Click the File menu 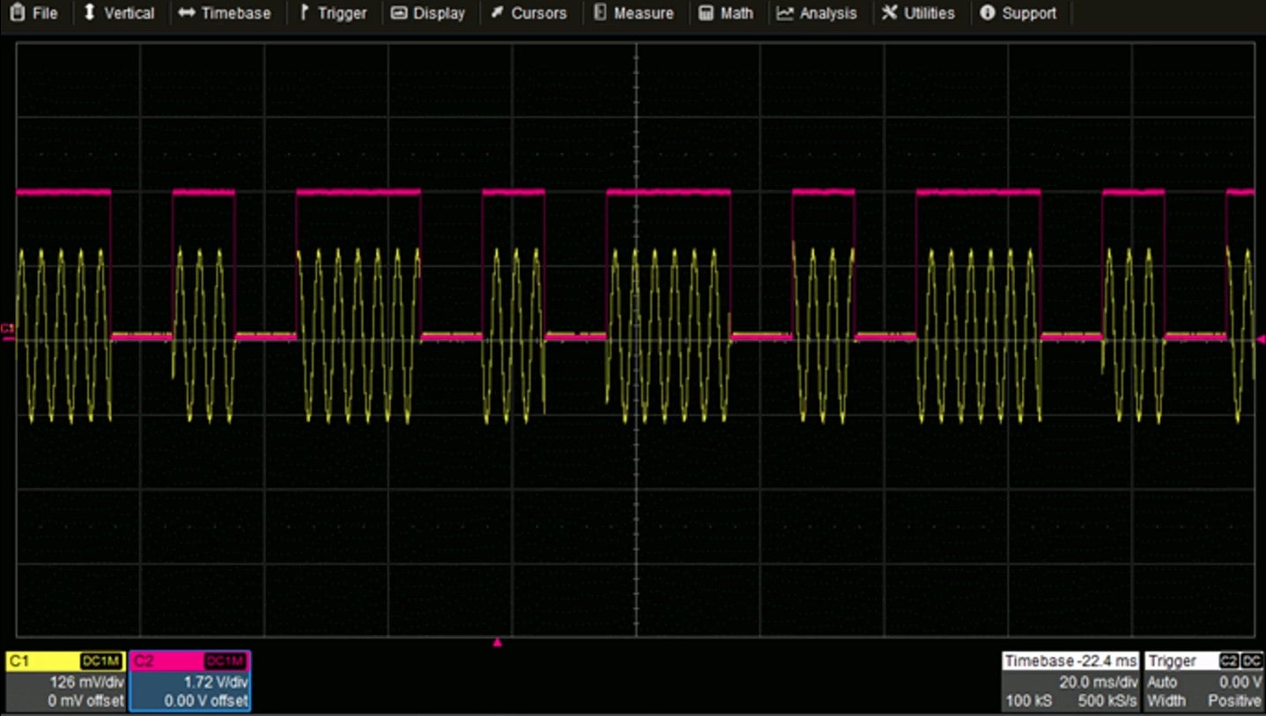coord(35,13)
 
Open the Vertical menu coord(119,13)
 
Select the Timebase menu coord(225,13)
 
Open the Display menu coord(428,13)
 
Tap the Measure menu coord(634,13)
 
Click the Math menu coord(727,13)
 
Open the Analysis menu coord(818,13)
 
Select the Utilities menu coord(918,13)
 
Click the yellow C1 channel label coord(19,661)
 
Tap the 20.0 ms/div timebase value coord(1099,682)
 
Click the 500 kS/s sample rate coord(1107,701)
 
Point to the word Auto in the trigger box coord(1162,682)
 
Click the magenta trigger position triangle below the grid coord(497,643)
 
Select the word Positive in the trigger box coord(1234,701)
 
